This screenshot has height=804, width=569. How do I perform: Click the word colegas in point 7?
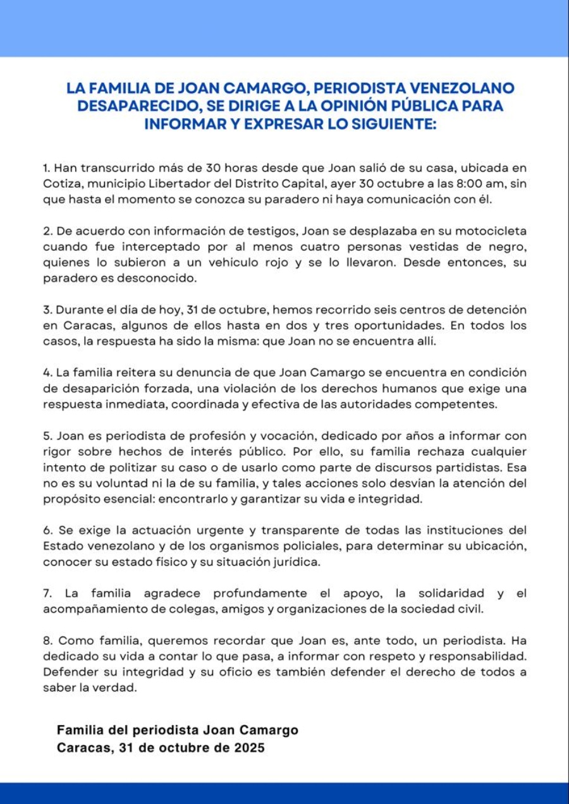pyautogui.click(x=205, y=609)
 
